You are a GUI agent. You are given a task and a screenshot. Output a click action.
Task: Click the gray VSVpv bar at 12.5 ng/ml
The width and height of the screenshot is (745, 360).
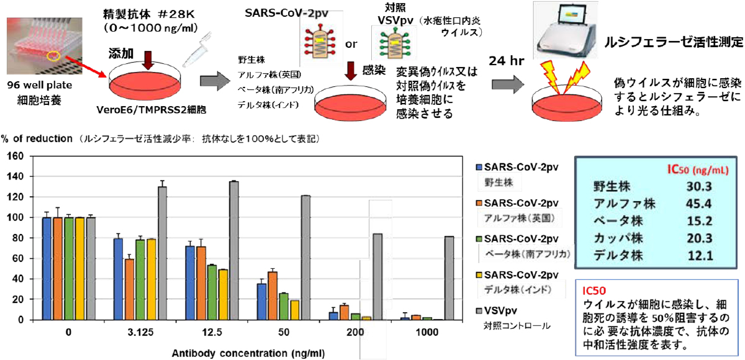[x=234, y=250]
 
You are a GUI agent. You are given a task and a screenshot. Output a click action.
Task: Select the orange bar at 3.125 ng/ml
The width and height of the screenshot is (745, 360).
[x=129, y=289]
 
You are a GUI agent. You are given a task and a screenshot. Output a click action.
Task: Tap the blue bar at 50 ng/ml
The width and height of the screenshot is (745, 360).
[x=262, y=302]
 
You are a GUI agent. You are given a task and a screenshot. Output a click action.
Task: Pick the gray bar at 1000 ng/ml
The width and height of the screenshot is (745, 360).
[x=449, y=278]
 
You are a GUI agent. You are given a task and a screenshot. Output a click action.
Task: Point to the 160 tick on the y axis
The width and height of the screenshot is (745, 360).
[x=16, y=156]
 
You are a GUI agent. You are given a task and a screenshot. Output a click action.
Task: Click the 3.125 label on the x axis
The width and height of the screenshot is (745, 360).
[x=140, y=332]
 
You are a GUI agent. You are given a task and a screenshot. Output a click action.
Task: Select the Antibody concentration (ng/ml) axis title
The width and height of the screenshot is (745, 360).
[x=248, y=353]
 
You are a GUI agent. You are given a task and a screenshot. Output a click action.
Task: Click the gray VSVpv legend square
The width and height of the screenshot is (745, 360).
[x=479, y=311]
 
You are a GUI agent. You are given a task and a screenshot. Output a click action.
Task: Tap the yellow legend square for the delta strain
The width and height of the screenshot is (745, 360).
[x=479, y=275]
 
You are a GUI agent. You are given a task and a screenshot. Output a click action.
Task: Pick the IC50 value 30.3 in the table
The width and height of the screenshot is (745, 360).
[x=699, y=186]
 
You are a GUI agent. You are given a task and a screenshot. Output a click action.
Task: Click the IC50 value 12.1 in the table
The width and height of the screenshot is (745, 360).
[x=700, y=256]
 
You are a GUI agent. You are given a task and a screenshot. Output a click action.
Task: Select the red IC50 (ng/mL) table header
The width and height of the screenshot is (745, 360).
[x=698, y=170]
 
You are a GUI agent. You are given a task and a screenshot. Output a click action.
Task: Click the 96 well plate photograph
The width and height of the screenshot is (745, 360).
[x=44, y=45]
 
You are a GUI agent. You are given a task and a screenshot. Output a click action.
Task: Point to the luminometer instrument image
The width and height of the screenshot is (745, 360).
[x=565, y=30]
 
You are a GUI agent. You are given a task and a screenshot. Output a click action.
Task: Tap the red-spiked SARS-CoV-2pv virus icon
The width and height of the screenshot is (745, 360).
[x=320, y=42]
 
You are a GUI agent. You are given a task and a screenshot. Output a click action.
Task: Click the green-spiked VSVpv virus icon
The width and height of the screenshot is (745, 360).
[x=395, y=43]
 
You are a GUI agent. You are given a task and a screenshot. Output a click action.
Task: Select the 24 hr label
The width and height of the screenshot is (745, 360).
[x=506, y=61]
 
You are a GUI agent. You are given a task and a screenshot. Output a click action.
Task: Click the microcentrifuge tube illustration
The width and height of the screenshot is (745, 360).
[x=197, y=49]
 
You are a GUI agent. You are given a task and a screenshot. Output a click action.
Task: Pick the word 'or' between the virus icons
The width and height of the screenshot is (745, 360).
[x=351, y=44]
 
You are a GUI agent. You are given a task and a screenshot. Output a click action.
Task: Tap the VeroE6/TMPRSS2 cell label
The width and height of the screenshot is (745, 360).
[x=151, y=110]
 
